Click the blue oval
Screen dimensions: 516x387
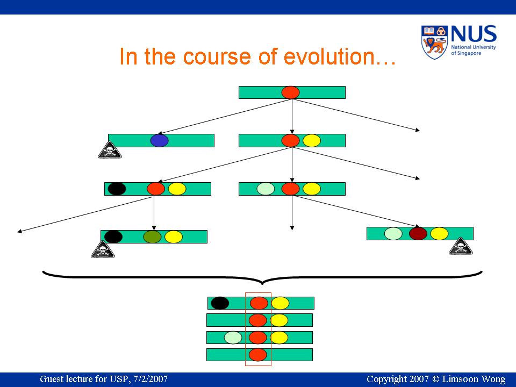point(159,140)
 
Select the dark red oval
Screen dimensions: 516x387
point(418,234)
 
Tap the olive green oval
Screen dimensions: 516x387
point(152,237)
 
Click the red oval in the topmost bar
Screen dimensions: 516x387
point(291,92)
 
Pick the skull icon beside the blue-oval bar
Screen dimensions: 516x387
point(110,150)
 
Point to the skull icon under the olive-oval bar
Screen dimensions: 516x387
point(103,249)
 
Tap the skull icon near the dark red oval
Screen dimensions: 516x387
point(461,246)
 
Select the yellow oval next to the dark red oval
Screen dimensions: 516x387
point(439,234)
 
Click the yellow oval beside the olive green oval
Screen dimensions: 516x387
point(174,237)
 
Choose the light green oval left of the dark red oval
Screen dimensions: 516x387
point(393,234)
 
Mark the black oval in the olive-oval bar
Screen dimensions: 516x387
point(113,237)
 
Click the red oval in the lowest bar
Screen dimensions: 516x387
point(257,355)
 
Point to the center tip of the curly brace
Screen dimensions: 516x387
point(262,284)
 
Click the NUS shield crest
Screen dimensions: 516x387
point(434,42)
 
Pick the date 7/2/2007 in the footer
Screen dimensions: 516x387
point(150,379)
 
